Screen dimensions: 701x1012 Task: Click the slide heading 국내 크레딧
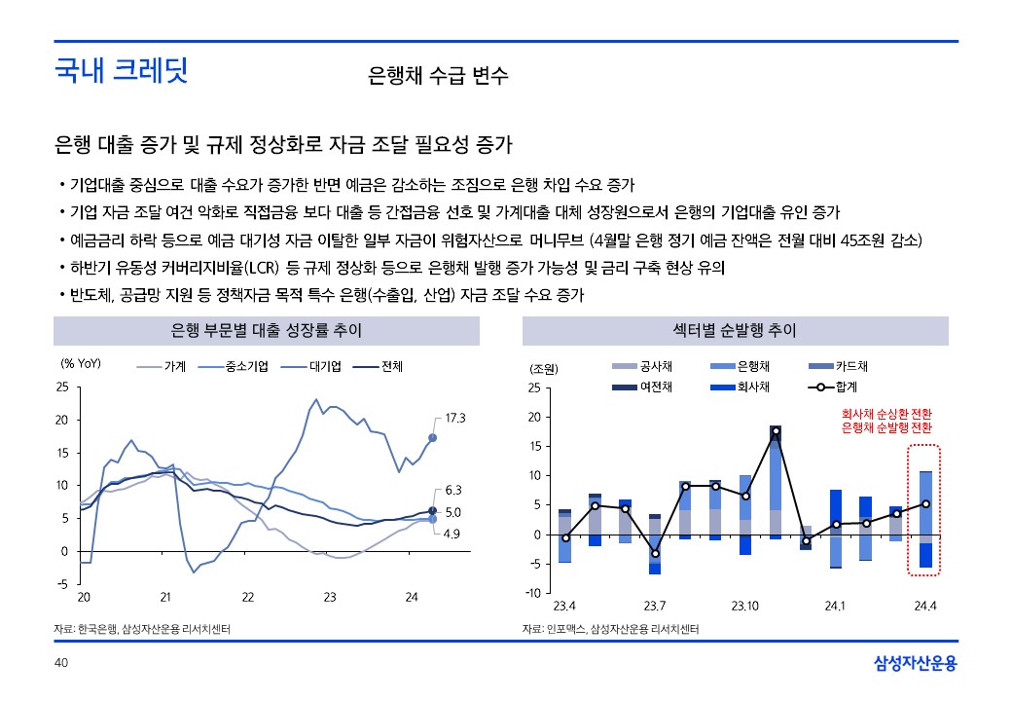point(122,70)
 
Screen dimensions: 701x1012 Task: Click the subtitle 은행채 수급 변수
point(438,76)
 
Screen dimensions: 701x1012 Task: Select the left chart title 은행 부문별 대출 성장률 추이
point(267,331)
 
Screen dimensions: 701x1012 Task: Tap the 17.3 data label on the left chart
point(456,418)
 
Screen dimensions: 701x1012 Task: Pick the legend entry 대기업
point(325,367)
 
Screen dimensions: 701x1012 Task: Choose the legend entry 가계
point(175,367)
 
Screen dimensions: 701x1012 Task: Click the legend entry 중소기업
point(243,367)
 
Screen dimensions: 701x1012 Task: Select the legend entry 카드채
point(851,367)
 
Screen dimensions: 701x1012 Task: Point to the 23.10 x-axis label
point(744,606)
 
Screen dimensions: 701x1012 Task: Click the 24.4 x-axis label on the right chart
point(924,606)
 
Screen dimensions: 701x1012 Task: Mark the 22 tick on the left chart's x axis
point(247,596)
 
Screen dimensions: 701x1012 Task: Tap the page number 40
point(60,663)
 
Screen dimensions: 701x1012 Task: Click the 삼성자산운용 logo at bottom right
point(916,663)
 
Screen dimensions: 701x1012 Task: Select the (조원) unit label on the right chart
point(543,369)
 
